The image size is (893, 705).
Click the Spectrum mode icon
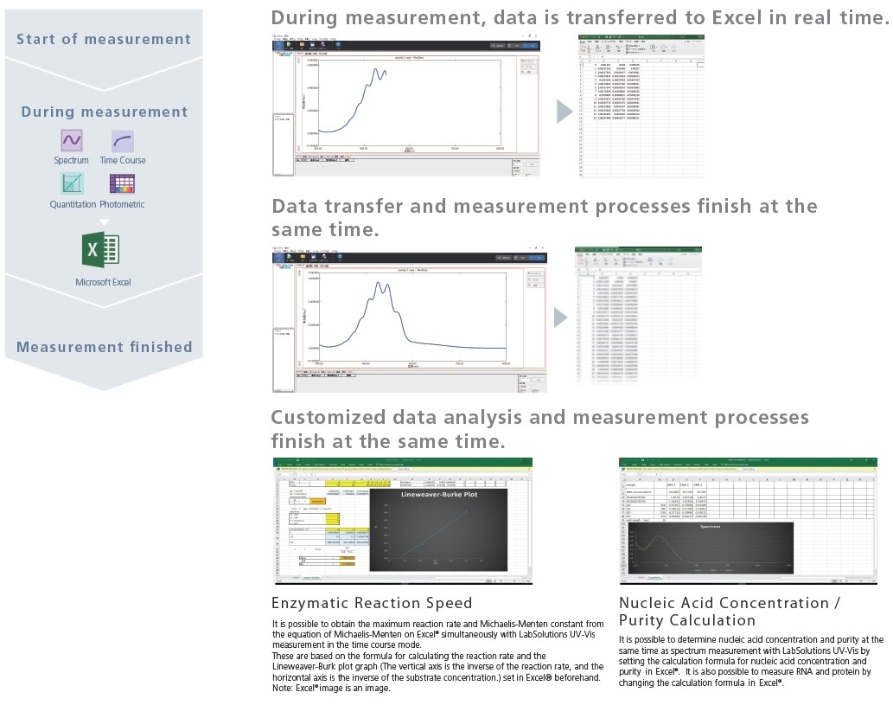[x=71, y=140]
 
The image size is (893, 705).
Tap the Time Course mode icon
[x=122, y=140]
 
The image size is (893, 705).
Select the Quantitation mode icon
[x=72, y=183]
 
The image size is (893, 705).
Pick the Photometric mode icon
[x=122, y=183]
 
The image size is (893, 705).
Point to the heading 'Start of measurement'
[x=103, y=39]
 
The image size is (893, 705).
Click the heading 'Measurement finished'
[x=104, y=347]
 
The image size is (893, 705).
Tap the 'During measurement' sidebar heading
[x=104, y=112]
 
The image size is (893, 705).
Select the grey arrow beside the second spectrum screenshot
[x=561, y=317]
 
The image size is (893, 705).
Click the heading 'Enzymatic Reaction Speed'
[x=372, y=603]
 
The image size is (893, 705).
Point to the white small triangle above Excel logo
[x=104, y=222]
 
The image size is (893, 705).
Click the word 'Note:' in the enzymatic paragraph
[x=283, y=689]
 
